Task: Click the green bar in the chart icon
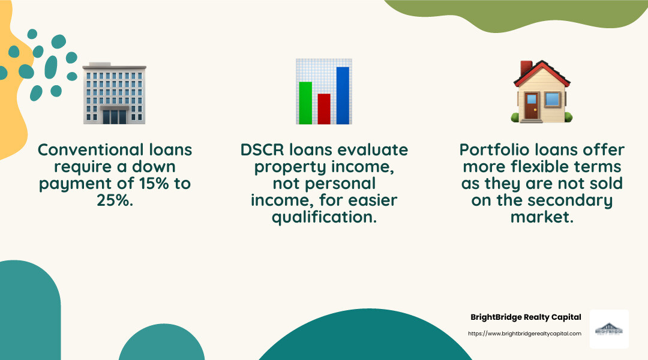pyautogui.click(x=305, y=103)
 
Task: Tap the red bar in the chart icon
pyautogui.click(x=324, y=109)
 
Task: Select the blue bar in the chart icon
pyautogui.click(x=343, y=95)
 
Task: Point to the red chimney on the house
pyautogui.click(x=526, y=68)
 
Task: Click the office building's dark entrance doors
pyautogui.click(x=114, y=116)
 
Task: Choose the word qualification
pyautogui.click(x=324, y=217)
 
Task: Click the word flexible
pyautogui.click(x=539, y=166)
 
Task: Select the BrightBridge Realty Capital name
pyautogui.click(x=526, y=317)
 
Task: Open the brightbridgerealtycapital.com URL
pyautogui.click(x=524, y=334)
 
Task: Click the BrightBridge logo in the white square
pyautogui.click(x=609, y=329)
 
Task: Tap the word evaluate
pyautogui.click(x=373, y=149)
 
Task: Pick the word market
pyautogui.click(x=542, y=217)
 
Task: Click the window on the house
pyautogui.click(x=553, y=98)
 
